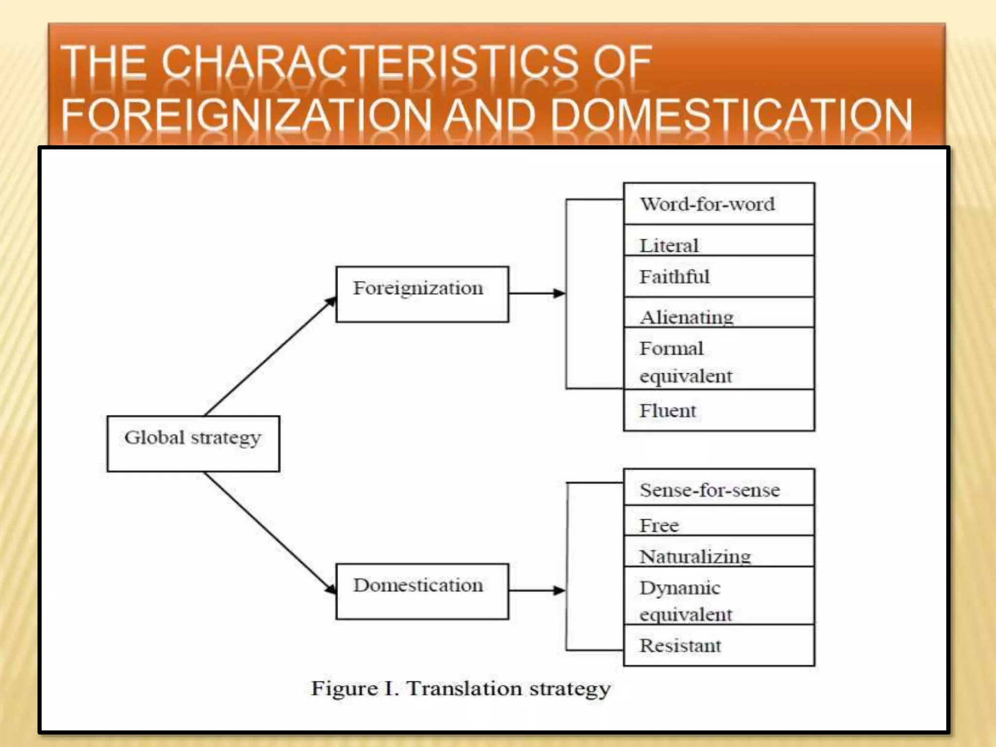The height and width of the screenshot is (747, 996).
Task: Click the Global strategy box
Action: [193, 443]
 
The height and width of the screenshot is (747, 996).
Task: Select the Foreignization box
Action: [422, 294]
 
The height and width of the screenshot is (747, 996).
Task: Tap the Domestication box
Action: [422, 591]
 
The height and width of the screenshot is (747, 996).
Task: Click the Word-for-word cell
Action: [719, 204]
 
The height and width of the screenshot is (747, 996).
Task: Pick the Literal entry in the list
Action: [719, 241]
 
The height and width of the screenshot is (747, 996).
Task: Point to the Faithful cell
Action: [719, 276]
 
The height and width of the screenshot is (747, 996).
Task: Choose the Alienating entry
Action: [719, 313]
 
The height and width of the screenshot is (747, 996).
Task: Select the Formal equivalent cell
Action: [719, 358]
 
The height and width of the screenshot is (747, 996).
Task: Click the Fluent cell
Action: [719, 410]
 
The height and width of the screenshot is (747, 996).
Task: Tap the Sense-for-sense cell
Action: [719, 488]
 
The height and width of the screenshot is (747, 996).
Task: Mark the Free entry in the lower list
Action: [719, 521]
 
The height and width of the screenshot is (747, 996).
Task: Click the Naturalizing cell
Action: [719, 551]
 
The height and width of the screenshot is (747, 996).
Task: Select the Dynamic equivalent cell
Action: [719, 596]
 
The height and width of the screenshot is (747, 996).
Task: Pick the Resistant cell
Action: [719, 645]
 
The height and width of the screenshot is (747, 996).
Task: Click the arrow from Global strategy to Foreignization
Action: [270, 356]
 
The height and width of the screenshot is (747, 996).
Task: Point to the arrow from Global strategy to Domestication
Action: [270, 533]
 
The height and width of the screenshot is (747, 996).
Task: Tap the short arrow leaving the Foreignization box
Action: [537, 293]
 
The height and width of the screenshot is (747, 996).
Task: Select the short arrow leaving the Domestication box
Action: [537, 590]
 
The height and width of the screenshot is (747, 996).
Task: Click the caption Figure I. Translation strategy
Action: [461, 689]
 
